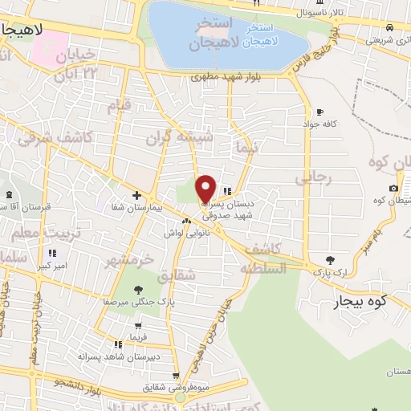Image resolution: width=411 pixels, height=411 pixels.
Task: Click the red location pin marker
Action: click(x=206, y=188)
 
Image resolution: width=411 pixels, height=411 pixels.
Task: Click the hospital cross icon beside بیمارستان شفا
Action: click(x=136, y=195)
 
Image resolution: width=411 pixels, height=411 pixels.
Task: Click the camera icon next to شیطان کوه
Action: click(x=393, y=189)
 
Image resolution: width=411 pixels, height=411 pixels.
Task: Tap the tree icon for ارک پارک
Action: click(x=331, y=259)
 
